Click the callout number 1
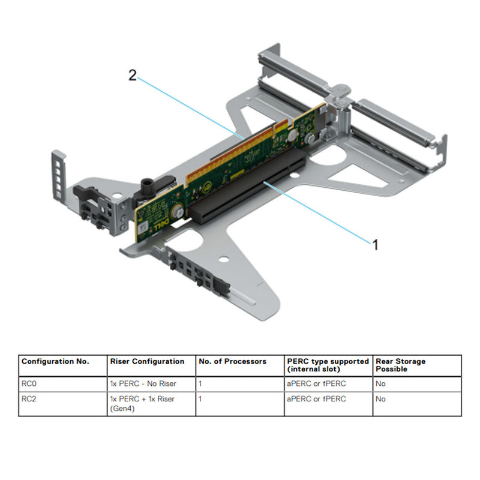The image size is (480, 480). coord(376,245)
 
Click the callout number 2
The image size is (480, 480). coord(133,75)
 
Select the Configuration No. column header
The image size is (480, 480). coord(55,362)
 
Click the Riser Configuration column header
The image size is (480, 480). coord(147,362)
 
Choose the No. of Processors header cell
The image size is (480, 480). coord(232,362)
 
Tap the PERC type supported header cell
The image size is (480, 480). coord(328,365)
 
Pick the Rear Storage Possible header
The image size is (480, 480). coord(400,365)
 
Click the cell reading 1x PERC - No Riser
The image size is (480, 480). coord(143,383)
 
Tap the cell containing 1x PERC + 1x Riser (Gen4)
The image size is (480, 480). coord(143,403)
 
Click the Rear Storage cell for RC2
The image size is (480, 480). coord(381,398)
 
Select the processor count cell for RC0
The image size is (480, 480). coord(200,383)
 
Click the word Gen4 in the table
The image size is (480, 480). coord(122,409)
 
